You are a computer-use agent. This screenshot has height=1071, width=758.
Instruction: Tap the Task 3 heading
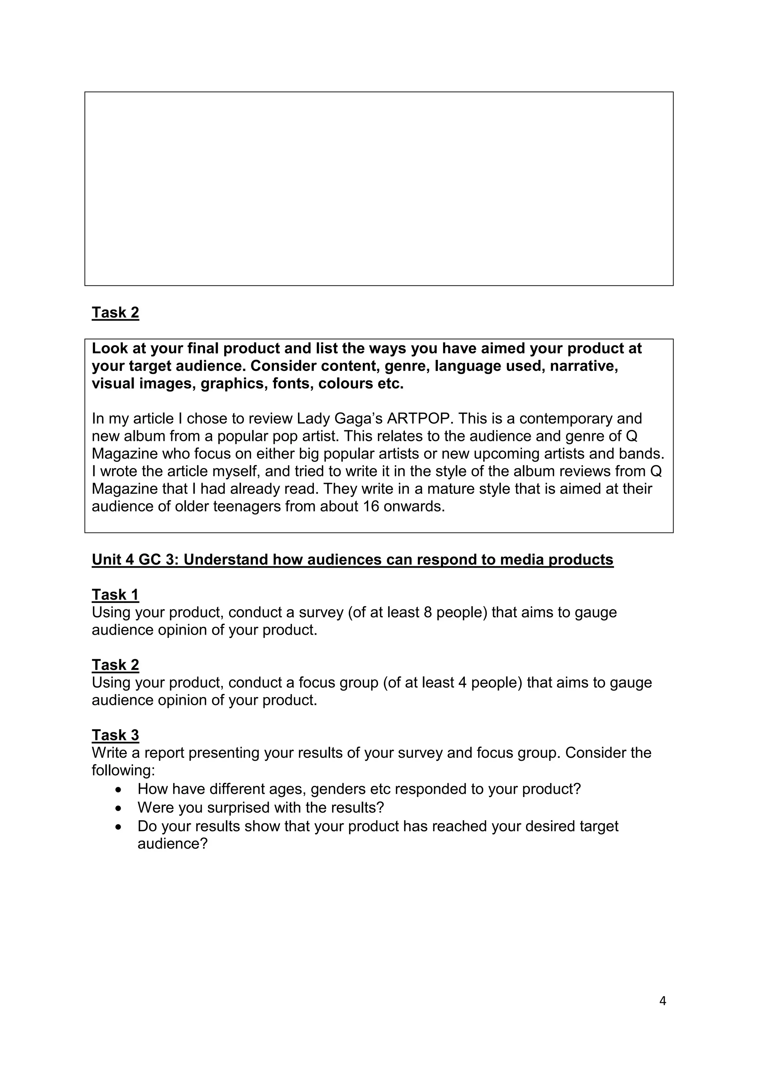point(115,735)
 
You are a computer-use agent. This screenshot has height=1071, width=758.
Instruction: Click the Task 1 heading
point(115,595)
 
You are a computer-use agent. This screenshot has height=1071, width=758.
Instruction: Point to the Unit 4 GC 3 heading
point(352,559)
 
